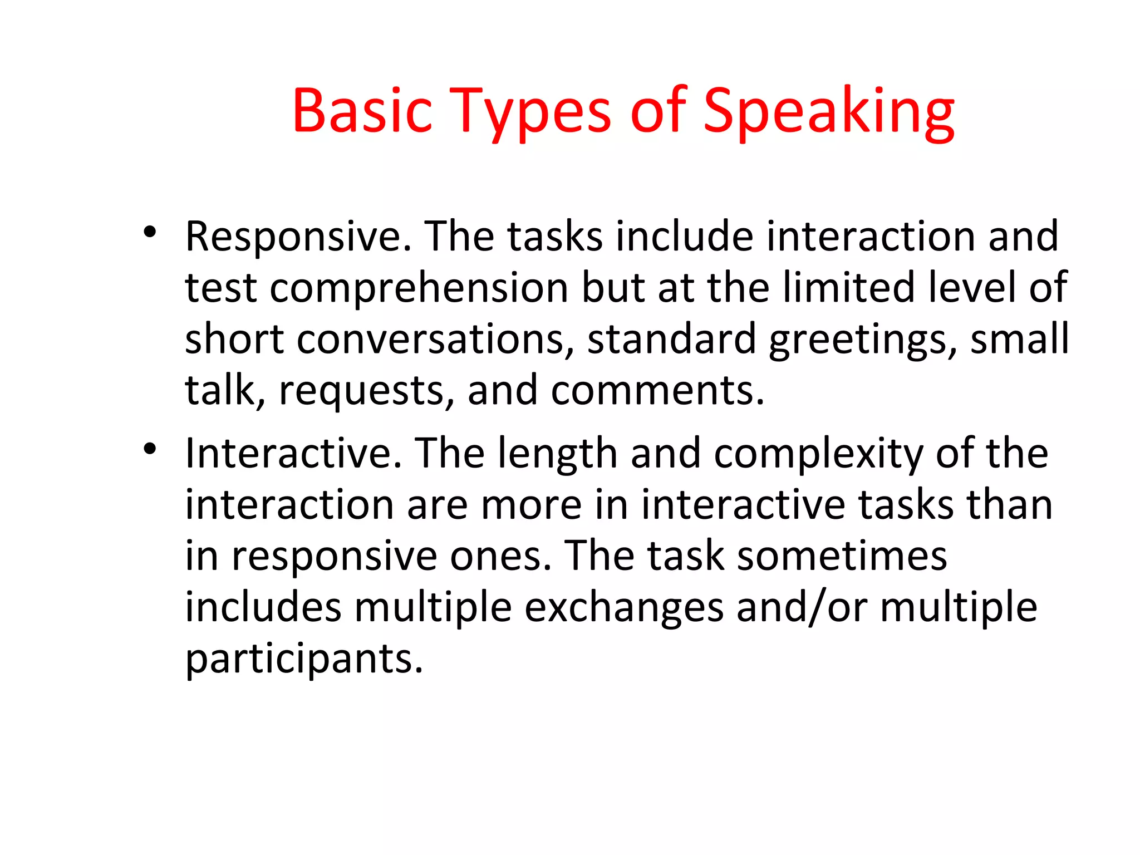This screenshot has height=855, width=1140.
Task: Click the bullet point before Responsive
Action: coord(149,232)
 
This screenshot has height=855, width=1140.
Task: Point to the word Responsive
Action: coord(298,237)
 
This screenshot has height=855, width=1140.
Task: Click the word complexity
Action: coord(818,454)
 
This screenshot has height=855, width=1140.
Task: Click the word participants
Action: coord(304,659)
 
